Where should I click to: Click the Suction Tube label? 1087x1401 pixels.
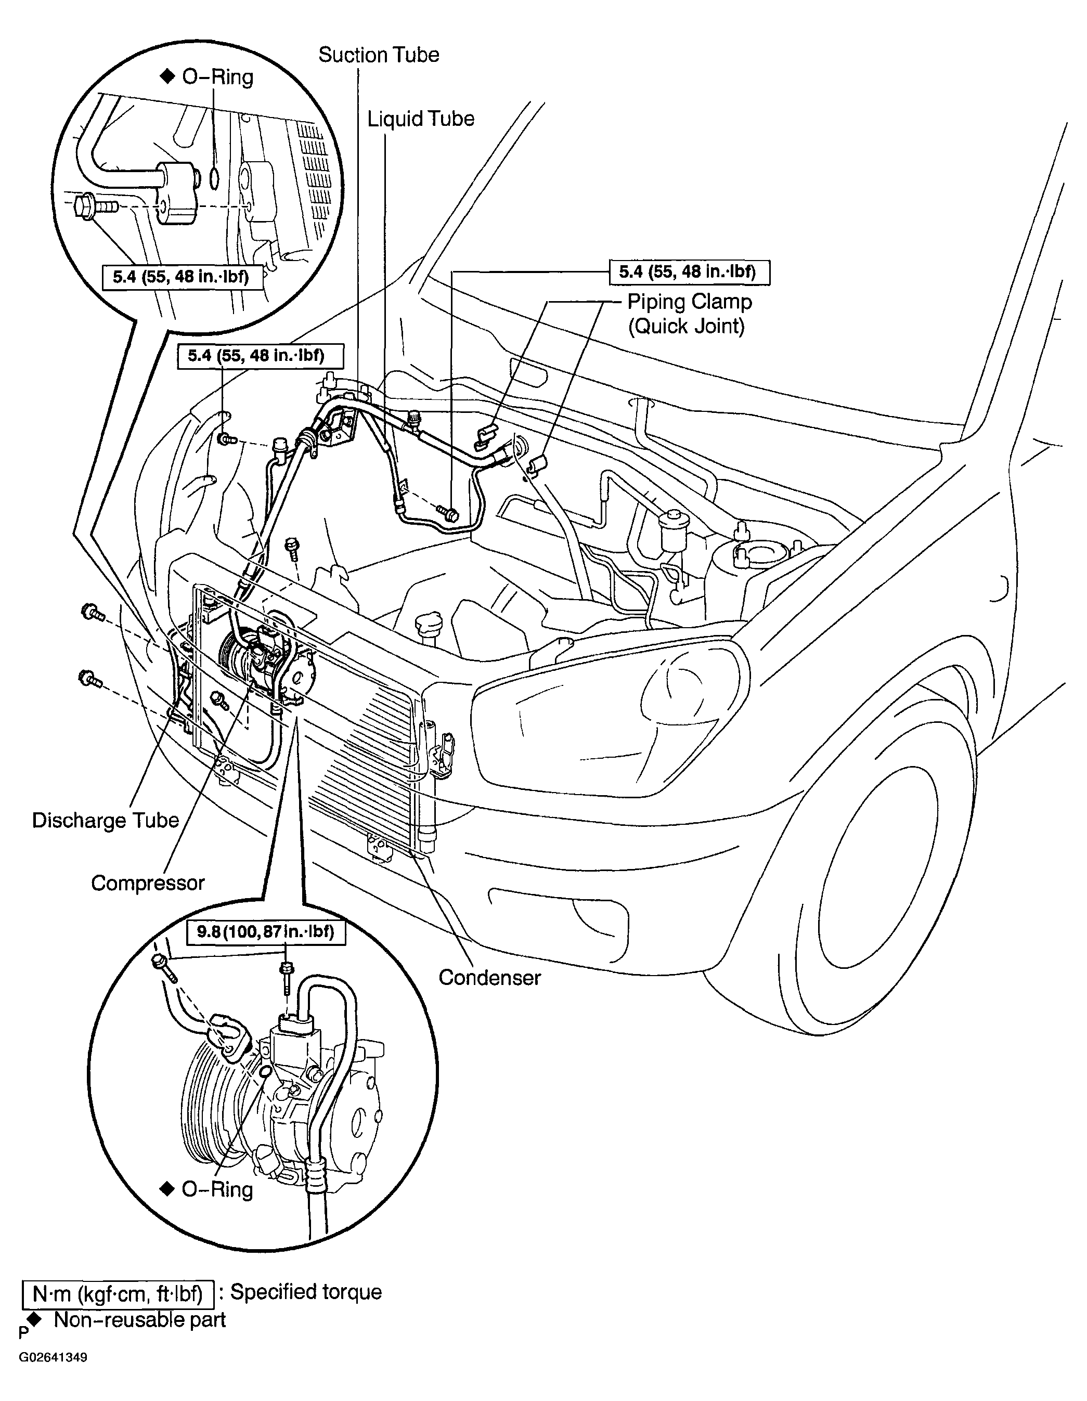[x=379, y=55]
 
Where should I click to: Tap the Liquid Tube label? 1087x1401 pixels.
[x=420, y=119]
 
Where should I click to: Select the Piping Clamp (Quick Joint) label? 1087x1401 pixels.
[x=689, y=314]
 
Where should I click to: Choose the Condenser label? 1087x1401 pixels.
[x=489, y=978]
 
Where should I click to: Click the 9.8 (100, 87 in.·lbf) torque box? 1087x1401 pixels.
[x=266, y=932]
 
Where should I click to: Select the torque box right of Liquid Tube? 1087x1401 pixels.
[x=689, y=272]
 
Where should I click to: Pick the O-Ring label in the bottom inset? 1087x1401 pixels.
[x=206, y=1190]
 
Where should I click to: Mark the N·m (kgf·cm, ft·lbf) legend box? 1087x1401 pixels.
[x=118, y=1294]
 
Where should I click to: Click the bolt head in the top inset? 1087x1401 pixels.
[x=83, y=207]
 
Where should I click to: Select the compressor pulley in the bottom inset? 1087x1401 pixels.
[x=212, y=1110]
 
